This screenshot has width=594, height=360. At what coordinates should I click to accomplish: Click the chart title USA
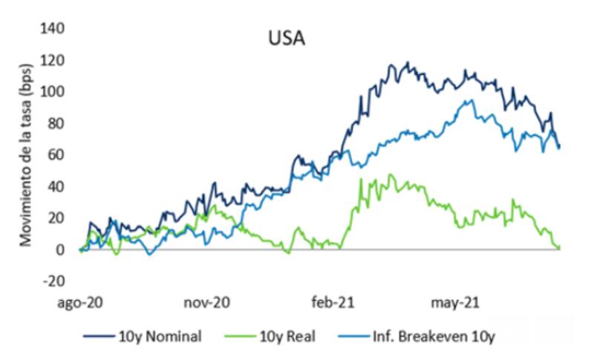tap(286, 36)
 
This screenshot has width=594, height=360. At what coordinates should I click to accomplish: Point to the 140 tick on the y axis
tap(55, 28)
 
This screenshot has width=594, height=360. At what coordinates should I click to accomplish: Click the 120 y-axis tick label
tap(55, 60)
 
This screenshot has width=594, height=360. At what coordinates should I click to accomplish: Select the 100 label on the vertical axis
tap(55, 91)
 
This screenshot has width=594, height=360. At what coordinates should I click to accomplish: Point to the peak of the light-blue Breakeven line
tap(467, 100)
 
